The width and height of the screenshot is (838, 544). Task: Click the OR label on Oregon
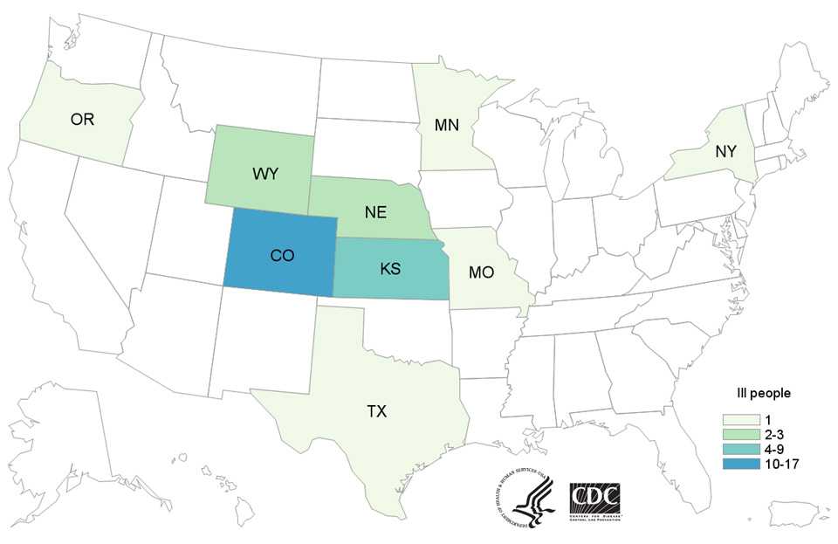[x=82, y=120]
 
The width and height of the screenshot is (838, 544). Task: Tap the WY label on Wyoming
[x=265, y=174]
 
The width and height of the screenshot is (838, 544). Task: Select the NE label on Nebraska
[x=375, y=212]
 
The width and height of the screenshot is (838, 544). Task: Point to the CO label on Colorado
[x=281, y=255]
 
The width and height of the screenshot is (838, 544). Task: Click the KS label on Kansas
[x=389, y=269]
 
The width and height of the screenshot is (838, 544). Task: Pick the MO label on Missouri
[x=480, y=272]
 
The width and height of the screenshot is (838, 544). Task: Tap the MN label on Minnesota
[x=448, y=127]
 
